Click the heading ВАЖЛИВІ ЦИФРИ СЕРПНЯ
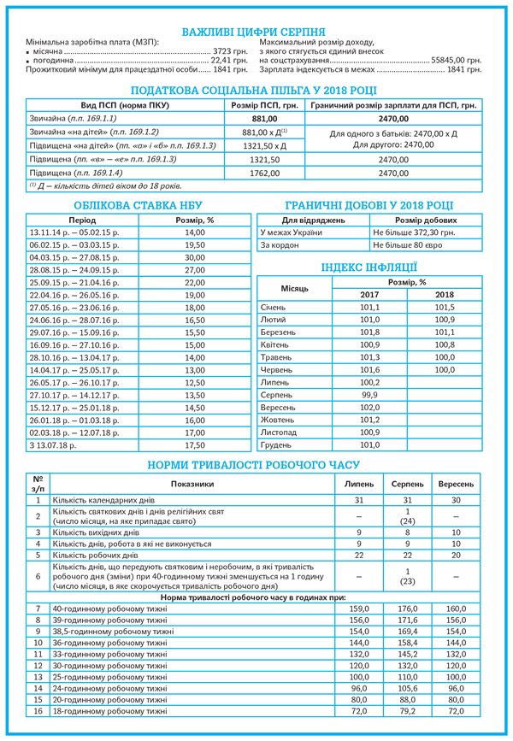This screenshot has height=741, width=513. pos(256,32)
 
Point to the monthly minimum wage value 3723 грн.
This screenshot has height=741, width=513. pos(230,52)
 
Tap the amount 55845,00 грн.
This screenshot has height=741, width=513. pos(462,62)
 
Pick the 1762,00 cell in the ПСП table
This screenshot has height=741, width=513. pos(265,173)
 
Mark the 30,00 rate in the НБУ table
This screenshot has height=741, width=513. pos(195,257)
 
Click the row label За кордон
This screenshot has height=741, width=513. pos(276,244)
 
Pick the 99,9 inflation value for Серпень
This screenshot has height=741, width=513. pos(369,395)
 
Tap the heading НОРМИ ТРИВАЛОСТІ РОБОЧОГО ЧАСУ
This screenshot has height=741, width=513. pos(256,465)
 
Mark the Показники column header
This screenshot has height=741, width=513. pos(192,484)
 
